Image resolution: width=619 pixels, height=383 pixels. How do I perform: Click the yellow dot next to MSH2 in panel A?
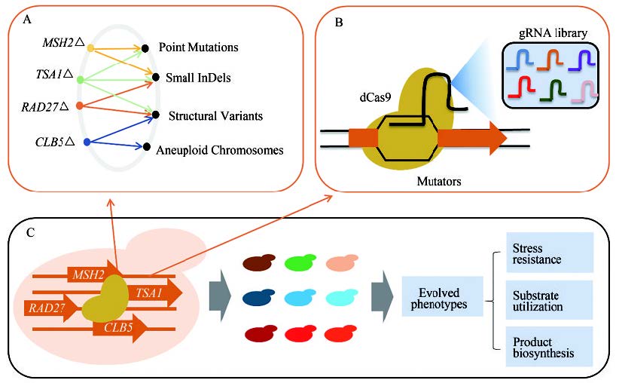(x=91, y=48)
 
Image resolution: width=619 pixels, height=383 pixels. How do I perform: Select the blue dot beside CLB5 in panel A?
(x=87, y=141)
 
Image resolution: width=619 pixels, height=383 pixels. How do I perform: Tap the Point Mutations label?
(x=199, y=47)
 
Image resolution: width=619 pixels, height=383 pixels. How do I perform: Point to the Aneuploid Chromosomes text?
(x=219, y=150)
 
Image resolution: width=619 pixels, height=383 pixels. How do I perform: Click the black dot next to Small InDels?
(x=148, y=77)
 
